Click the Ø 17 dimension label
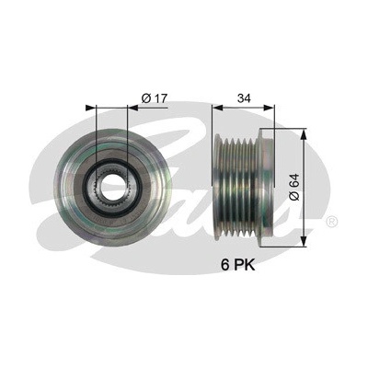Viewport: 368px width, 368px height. click(x=154, y=98)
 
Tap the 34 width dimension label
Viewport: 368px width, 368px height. click(x=244, y=98)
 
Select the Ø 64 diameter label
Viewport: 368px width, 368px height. click(x=294, y=187)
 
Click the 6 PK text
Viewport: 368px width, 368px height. click(x=238, y=265)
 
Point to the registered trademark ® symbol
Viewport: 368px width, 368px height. click(x=332, y=221)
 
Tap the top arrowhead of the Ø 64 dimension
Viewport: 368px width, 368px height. click(x=304, y=134)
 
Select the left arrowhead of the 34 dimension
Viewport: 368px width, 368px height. click(x=217, y=108)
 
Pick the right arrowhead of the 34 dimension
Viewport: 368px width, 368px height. click(x=269, y=108)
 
